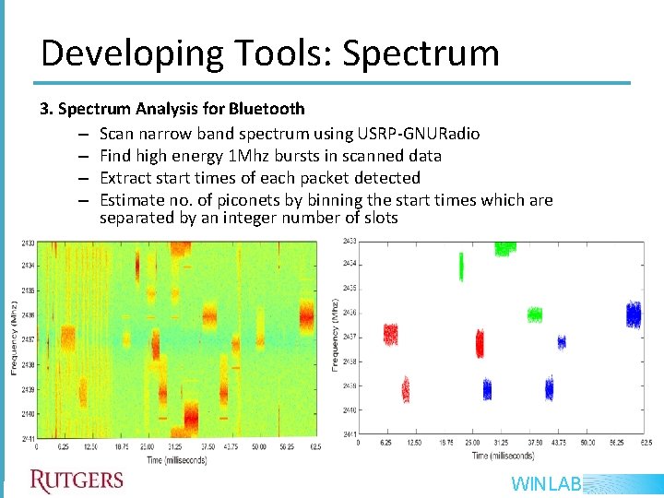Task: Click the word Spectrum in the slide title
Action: coord(421,53)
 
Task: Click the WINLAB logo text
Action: coord(545,483)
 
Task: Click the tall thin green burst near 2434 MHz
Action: coord(461,267)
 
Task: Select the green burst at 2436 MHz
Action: coord(534,314)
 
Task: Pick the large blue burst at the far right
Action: coord(633,315)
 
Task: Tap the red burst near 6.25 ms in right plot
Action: coord(390,334)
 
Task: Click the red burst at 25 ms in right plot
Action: coord(479,344)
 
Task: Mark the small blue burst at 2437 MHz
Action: coord(561,342)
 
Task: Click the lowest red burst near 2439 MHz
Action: coord(405,390)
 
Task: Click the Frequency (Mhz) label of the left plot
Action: coord(15,337)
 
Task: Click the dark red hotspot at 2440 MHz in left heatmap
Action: coord(191,420)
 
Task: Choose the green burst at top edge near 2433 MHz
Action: coord(504,247)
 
